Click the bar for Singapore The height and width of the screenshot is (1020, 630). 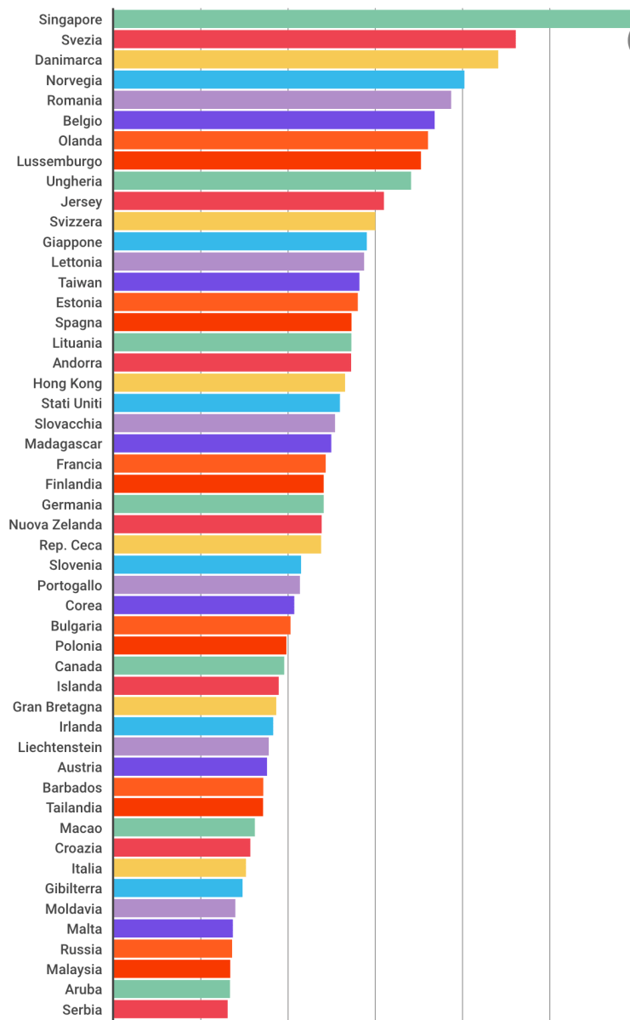tap(371, 19)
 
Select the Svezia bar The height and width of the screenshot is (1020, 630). tap(314, 39)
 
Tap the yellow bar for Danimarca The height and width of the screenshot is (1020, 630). tap(305, 60)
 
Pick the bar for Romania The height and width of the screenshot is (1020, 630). tap(281, 100)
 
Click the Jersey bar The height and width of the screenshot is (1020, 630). tap(248, 202)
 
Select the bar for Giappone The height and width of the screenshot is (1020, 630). tap(240, 242)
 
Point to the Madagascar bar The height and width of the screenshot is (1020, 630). tap(222, 443)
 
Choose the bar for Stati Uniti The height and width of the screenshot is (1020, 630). tap(226, 403)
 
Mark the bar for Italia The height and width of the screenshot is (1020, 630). tap(179, 868)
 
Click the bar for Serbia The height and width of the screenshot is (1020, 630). tap(170, 1009)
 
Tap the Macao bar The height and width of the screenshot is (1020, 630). tap(184, 828)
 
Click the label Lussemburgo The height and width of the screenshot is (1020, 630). tap(60, 161)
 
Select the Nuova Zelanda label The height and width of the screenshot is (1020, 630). tap(55, 525)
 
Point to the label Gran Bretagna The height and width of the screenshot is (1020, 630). tap(57, 707)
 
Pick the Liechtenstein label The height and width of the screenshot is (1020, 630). tap(60, 747)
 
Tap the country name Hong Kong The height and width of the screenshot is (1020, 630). tap(67, 384)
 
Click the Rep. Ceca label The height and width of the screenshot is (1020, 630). tap(71, 544)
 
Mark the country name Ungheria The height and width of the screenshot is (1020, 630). tap(74, 181)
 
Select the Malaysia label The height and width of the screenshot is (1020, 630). tap(74, 969)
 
